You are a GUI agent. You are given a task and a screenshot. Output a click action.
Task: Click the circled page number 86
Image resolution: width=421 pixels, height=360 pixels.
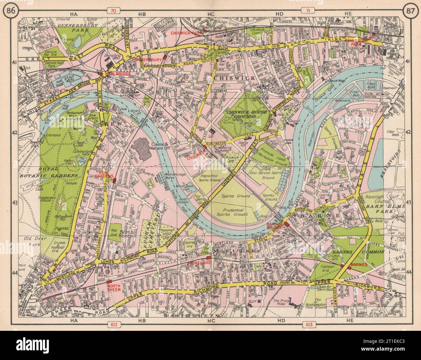tap(9, 12)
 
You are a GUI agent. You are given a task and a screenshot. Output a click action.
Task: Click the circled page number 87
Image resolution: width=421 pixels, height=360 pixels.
tap(409, 12)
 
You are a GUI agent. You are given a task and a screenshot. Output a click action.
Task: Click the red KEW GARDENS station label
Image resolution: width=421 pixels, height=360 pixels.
tap(108, 174)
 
